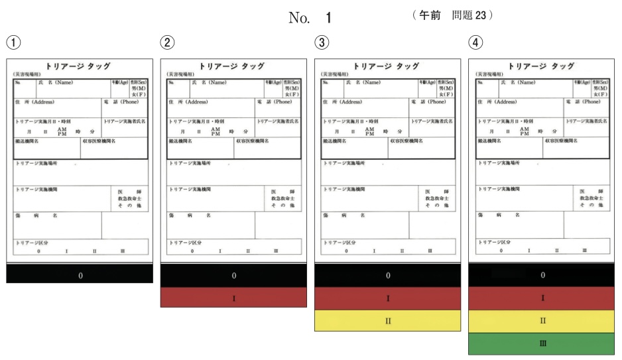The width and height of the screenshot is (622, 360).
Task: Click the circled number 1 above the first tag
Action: tap(13, 42)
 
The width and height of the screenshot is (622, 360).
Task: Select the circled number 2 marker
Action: tap(167, 42)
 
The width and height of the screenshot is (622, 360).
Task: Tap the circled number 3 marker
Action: tap(321, 42)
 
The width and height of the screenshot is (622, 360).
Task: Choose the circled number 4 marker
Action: tap(475, 42)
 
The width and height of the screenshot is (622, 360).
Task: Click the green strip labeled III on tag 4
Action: tap(542, 343)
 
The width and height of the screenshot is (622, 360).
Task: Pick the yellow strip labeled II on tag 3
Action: tap(388, 321)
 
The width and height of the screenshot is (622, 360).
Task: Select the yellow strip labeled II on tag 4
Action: tap(542, 321)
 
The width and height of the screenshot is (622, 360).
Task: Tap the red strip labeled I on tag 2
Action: tap(233, 298)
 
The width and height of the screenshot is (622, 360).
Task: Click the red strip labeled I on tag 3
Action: tap(388, 298)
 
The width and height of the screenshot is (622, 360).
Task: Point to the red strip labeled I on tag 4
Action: tap(542, 298)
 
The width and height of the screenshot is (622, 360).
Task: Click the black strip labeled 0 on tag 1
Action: tap(80, 274)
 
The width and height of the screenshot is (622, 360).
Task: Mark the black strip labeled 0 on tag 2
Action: tap(233, 274)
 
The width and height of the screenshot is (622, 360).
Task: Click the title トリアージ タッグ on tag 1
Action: tap(80, 66)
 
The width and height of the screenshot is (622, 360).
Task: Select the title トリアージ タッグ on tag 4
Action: tap(543, 66)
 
